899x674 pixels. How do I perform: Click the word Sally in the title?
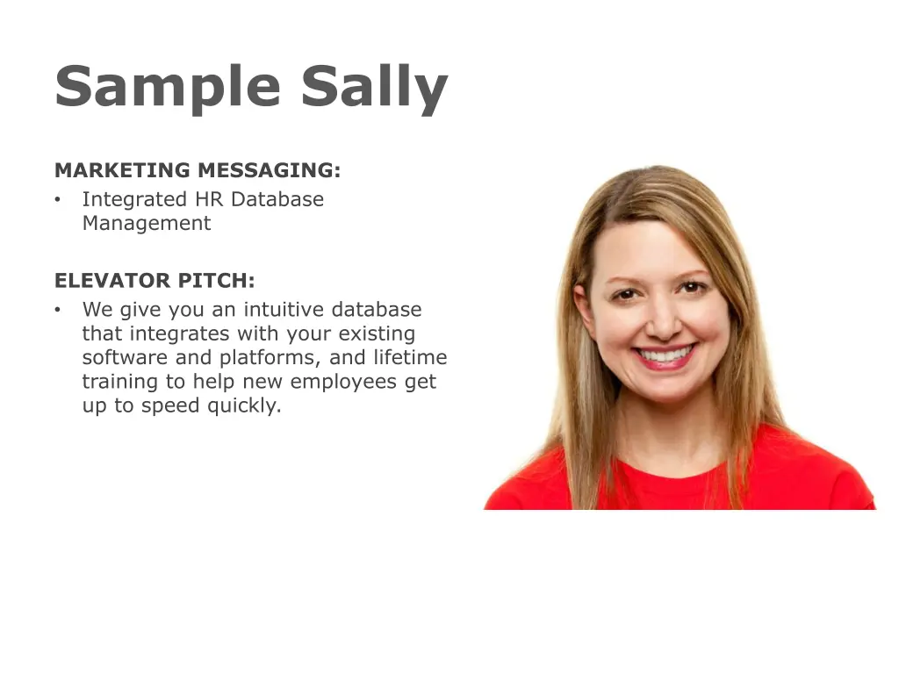point(374,87)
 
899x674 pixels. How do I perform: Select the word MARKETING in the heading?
point(122,170)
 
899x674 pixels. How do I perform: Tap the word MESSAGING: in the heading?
point(269,170)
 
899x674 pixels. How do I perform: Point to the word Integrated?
point(134,200)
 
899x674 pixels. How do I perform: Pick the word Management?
point(147,223)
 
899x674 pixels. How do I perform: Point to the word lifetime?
point(410,358)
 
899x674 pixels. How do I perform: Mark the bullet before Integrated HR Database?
point(57,200)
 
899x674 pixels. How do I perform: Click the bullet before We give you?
point(57,310)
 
